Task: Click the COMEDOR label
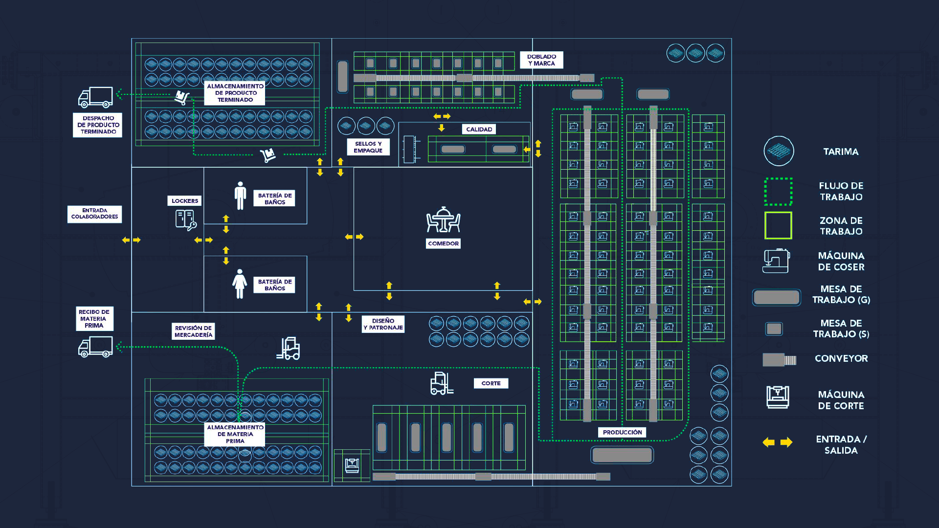(x=443, y=243)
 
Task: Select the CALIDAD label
(x=479, y=130)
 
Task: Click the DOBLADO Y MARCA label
(x=541, y=60)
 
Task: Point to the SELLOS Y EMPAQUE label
(x=368, y=147)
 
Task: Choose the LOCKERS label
(x=184, y=201)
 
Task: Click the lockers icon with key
(x=185, y=220)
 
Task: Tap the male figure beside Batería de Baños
(x=240, y=196)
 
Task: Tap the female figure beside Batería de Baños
(x=240, y=284)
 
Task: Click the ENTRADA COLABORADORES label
(x=94, y=214)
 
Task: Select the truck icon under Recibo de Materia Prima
(x=95, y=347)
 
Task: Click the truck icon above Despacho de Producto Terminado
(x=95, y=97)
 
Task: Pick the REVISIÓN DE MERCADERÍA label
(x=193, y=331)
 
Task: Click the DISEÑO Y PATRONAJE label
(x=383, y=324)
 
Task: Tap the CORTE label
(x=491, y=384)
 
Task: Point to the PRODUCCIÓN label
(x=622, y=433)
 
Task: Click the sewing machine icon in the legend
(x=776, y=261)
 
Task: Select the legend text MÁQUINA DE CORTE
(x=841, y=400)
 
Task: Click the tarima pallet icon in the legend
(x=779, y=151)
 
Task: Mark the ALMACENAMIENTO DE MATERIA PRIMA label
(x=235, y=434)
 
